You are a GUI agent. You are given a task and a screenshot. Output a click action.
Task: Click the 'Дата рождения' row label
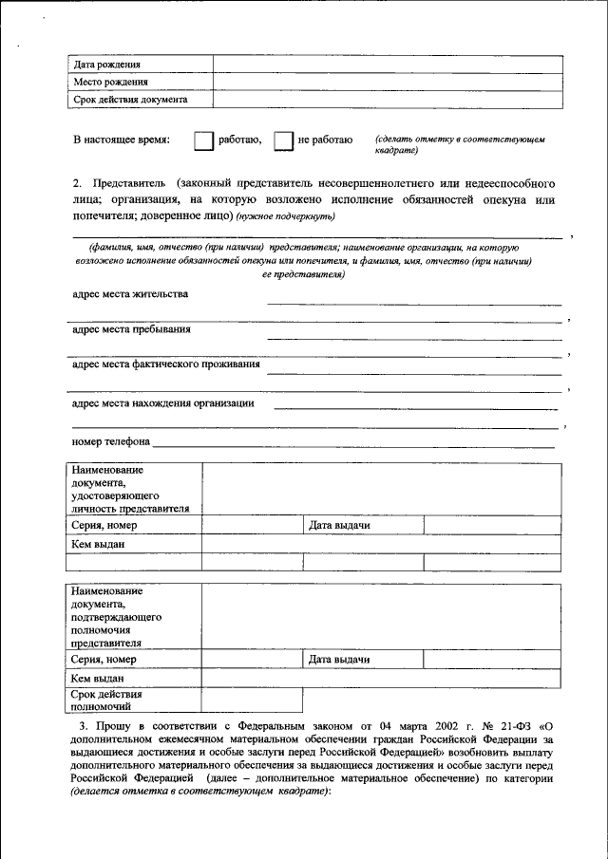[106, 65]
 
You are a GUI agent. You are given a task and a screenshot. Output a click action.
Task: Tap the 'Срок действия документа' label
[130, 99]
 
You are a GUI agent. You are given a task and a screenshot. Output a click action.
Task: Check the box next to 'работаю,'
[203, 140]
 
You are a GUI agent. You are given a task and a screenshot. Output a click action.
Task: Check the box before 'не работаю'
[282, 140]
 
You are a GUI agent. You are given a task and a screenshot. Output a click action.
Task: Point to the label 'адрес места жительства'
[130, 294]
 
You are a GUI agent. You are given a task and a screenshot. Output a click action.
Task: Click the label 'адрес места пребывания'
[131, 329]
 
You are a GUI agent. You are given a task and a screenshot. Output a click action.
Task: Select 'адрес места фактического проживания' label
[166, 364]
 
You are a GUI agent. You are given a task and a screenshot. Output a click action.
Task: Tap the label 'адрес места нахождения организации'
[163, 403]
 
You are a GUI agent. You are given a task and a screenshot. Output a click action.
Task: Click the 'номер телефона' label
[111, 442]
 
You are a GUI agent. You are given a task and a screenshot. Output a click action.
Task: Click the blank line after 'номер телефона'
[352, 444]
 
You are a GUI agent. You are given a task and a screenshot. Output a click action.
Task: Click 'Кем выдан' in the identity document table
[98, 545]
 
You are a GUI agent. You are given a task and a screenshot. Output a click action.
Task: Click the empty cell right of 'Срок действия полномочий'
[251, 700]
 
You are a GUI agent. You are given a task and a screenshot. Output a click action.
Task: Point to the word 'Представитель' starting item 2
[127, 182]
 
